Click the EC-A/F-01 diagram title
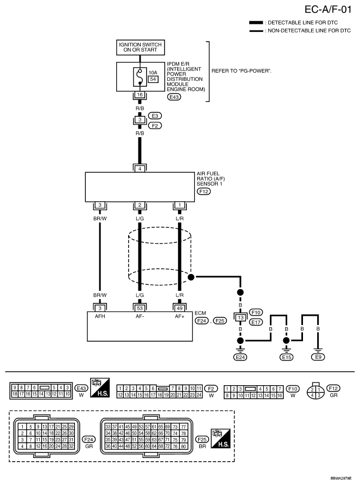(328, 10)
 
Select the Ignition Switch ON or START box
(140, 47)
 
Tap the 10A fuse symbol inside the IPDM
(140, 76)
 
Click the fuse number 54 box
(153, 79)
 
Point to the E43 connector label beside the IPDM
(174, 97)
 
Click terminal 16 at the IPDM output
(140, 94)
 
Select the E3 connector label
(155, 116)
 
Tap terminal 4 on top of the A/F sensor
(140, 169)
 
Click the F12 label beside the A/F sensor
(204, 192)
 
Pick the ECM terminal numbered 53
(140, 308)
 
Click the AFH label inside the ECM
(100, 316)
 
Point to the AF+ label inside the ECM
(180, 316)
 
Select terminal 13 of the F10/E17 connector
(241, 317)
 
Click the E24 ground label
(240, 358)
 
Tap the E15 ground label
(286, 358)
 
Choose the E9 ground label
(318, 357)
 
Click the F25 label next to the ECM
(220, 321)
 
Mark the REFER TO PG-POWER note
(242, 71)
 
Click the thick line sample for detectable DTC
(256, 23)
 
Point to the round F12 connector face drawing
(315, 392)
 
